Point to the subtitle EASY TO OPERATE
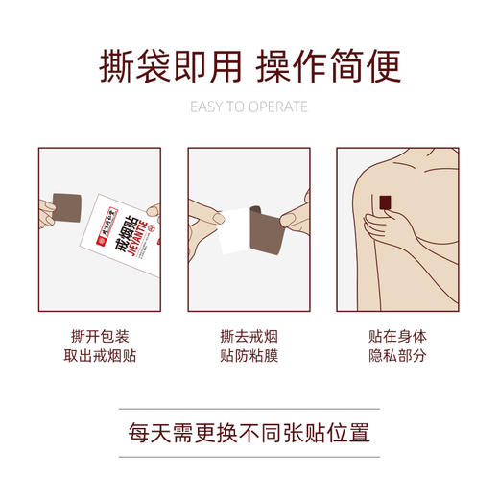pos(249,107)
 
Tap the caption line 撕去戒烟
pos(249,338)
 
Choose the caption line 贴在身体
pos(398,338)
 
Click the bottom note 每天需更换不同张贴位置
pos(249,429)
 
